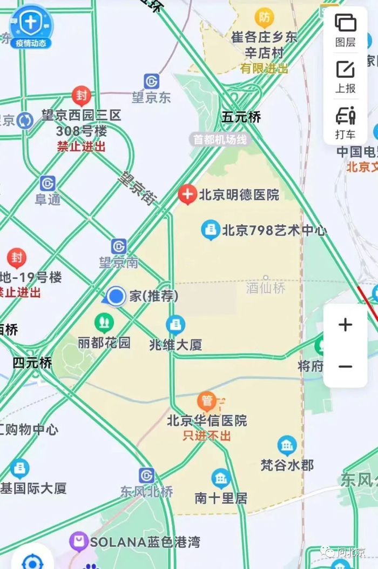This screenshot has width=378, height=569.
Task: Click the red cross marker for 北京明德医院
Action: [x=187, y=195]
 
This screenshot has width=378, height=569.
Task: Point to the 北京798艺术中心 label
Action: [x=274, y=231]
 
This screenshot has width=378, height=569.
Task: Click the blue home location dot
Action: [x=116, y=296]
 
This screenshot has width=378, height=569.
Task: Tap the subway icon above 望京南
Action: [x=119, y=246]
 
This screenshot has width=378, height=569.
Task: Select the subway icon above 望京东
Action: [x=151, y=82]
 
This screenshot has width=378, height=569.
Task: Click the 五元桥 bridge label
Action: [x=241, y=117]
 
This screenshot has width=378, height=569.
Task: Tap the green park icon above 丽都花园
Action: [x=104, y=323]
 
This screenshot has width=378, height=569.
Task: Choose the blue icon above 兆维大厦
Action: [x=175, y=325]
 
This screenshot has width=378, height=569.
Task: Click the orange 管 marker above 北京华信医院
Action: [x=206, y=401]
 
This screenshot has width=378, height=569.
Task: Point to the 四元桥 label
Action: [x=32, y=363]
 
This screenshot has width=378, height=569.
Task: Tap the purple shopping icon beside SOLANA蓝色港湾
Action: [x=79, y=541]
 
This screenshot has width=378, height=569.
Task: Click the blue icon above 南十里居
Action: [x=220, y=478]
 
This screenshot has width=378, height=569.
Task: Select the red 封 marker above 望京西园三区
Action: [x=82, y=96]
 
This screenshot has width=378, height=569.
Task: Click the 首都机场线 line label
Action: [x=220, y=139]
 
